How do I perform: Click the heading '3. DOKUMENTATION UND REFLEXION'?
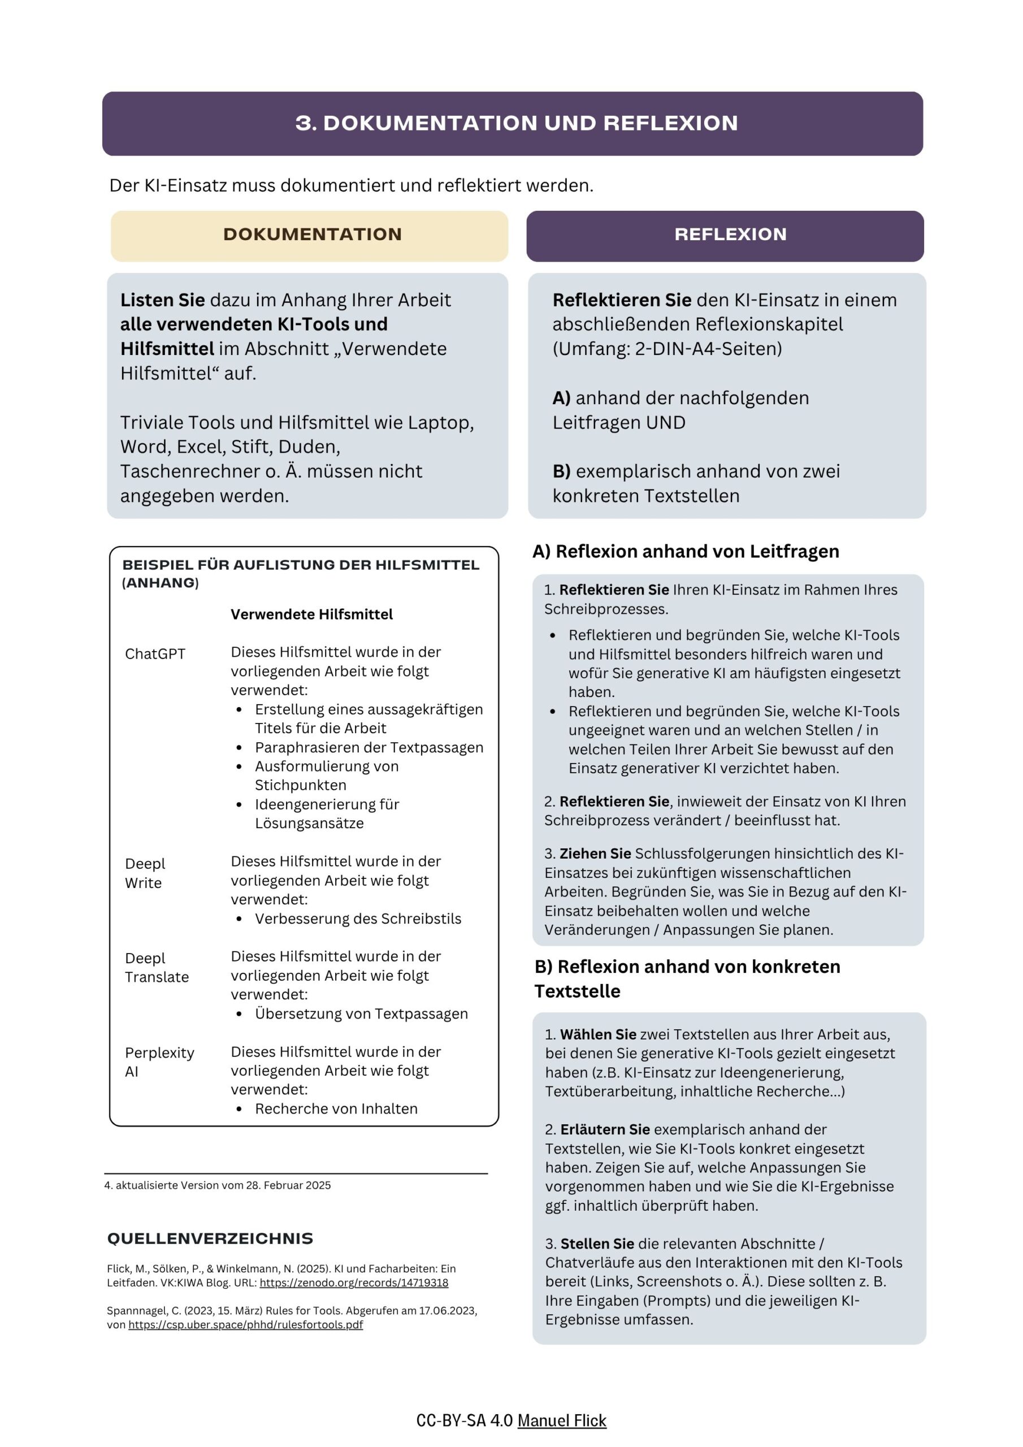pos(516,123)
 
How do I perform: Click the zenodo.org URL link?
pos(354,1283)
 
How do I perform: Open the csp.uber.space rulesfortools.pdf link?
pos(245,1324)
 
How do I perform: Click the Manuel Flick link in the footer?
pos(562,1420)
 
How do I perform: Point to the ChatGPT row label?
pos(155,653)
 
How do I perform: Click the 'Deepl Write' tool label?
pos(145,873)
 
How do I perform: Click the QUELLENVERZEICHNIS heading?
pos(210,1238)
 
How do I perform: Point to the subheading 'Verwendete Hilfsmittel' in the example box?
pos(311,614)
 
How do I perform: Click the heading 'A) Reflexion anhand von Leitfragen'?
pos(685,552)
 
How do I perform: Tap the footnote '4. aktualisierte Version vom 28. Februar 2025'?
pos(218,1185)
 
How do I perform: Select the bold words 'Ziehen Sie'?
pos(595,854)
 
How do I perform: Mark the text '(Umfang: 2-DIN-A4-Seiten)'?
pos(667,349)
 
